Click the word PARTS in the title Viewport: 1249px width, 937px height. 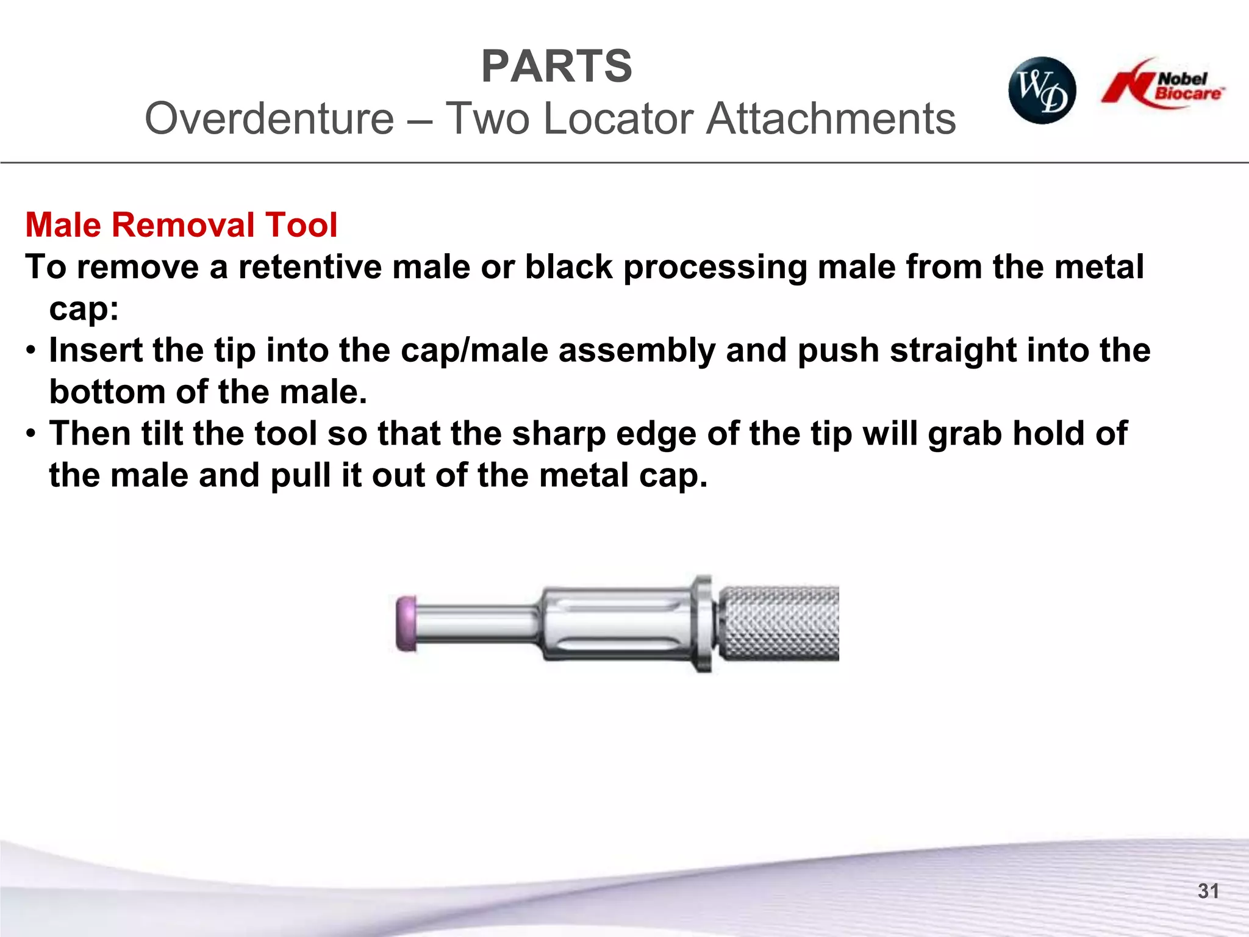pyautogui.click(x=556, y=66)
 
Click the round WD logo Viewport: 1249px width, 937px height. pyautogui.click(x=1042, y=91)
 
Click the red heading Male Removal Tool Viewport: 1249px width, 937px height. pyautogui.click(x=181, y=225)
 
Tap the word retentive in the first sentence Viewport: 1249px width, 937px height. pyautogui.click(x=309, y=267)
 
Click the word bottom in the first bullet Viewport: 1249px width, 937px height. pyautogui.click(x=107, y=392)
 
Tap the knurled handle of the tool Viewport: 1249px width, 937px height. pyautogui.click(x=779, y=623)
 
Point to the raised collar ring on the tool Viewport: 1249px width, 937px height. pyautogui.click(x=703, y=623)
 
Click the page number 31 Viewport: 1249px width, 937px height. pyautogui.click(x=1208, y=891)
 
